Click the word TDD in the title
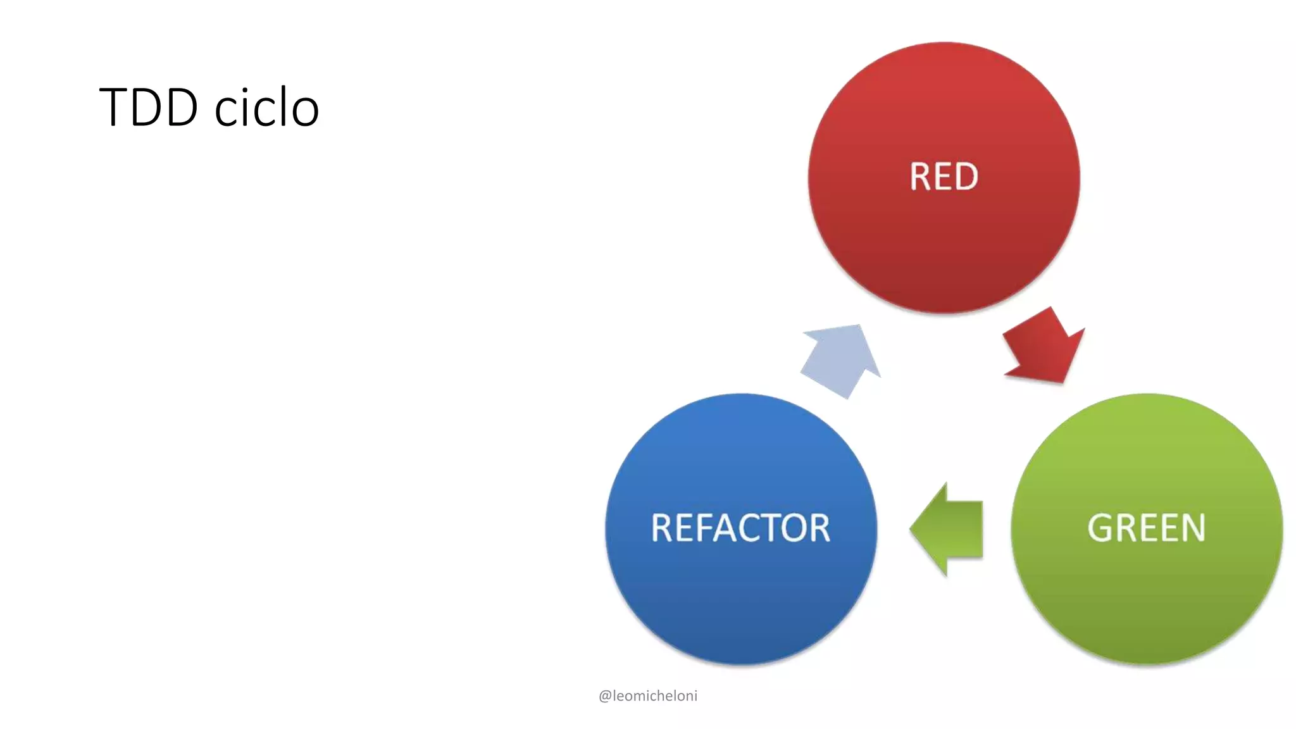[x=149, y=108]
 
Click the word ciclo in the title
[x=266, y=108]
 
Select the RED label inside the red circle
[x=944, y=177]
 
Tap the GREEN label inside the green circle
[x=1146, y=528]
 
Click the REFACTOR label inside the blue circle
[x=740, y=528]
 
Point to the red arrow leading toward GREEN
[x=1044, y=348]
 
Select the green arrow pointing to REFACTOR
[x=949, y=529]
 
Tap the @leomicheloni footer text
[x=647, y=695]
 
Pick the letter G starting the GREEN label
[x=1099, y=528]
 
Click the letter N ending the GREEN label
[x=1193, y=528]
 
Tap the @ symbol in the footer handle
[x=604, y=696]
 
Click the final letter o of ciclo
[x=306, y=110]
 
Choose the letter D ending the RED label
[x=966, y=177]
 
